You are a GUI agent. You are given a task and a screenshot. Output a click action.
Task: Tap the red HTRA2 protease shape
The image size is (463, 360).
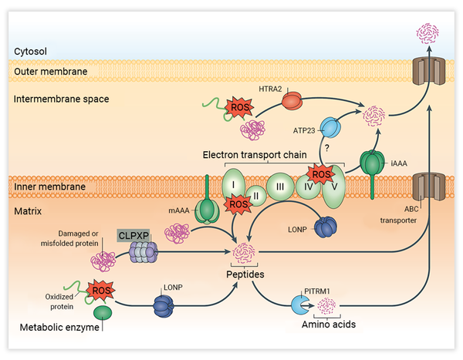[292, 100]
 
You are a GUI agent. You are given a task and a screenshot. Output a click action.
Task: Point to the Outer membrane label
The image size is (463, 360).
[49, 72]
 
